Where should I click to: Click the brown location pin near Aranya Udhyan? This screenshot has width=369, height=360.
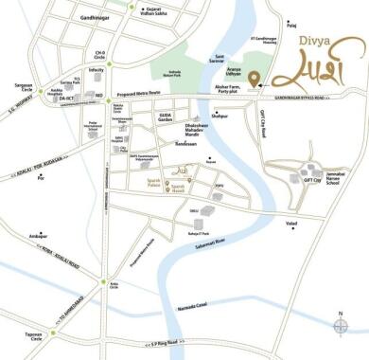point(254,77)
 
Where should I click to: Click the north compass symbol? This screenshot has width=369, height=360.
point(341,326)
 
